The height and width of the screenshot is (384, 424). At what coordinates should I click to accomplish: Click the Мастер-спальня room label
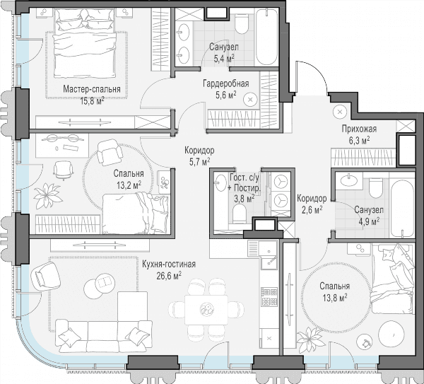pyautogui.click(x=92, y=89)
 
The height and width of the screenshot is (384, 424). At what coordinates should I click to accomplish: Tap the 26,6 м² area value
pyautogui.click(x=169, y=276)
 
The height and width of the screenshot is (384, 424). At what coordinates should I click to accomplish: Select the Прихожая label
pyautogui.click(x=359, y=129)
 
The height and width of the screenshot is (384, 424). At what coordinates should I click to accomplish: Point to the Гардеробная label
pyautogui.click(x=226, y=83)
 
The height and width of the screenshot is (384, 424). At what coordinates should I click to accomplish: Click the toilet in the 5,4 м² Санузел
pyautogui.click(x=242, y=23)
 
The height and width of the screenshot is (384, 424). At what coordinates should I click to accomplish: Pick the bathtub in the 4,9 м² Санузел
pyautogui.click(x=403, y=206)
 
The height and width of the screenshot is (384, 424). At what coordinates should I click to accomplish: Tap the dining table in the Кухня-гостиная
pyautogui.click(x=206, y=310)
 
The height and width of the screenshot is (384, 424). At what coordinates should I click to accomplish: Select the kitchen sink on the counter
pyautogui.click(x=269, y=256)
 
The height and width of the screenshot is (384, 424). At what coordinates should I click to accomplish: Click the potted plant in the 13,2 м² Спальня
pyautogui.click(x=48, y=196)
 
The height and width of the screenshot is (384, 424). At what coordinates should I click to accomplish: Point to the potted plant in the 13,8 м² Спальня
pyautogui.click(x=311, y=340)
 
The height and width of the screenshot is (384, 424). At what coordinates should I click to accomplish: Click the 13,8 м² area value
pyautogui.click(x=335, y=298)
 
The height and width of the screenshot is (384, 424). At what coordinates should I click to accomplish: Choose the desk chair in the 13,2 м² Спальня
pyautogui.click(x=64, y=170)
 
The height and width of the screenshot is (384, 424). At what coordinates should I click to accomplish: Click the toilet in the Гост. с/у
pyautogui.click(x=239, y=214)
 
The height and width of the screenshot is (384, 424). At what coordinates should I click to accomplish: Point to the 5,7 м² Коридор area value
pyautogui.click(x=200, y=162)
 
